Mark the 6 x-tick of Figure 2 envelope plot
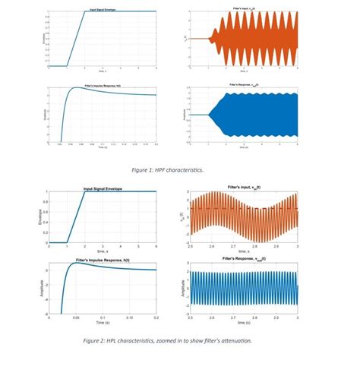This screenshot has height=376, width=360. pyautogui.click(x=156, y=247)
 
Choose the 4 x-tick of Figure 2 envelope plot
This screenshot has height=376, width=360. pyautogui.click(x=120, y=247)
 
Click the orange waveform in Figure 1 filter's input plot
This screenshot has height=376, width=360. pyautogui.click(x=258, y=38)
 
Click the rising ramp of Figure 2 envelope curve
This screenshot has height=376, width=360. pyautogui.click(x=76, y=217)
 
